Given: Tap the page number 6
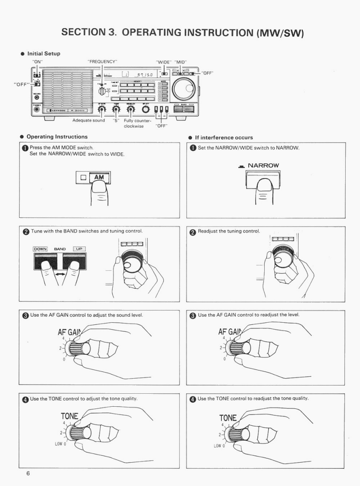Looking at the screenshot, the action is point(28,473).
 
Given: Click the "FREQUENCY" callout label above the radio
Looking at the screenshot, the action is point(103,62).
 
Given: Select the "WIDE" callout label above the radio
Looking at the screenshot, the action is point(163,62).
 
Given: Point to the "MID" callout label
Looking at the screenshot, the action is point(181,62).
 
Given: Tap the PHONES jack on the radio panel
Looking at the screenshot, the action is point(36,109).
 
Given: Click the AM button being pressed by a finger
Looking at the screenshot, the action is point(100,176).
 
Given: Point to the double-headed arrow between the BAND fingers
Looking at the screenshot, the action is point(61,274).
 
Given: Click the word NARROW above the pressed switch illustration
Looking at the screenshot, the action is point(263,165).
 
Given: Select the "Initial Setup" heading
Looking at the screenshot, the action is point(43,54).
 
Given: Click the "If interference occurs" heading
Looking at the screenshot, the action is point(224,138).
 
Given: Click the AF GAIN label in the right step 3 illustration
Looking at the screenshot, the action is point(230,333).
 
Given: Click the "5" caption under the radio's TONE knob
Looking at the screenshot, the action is point(116,121).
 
